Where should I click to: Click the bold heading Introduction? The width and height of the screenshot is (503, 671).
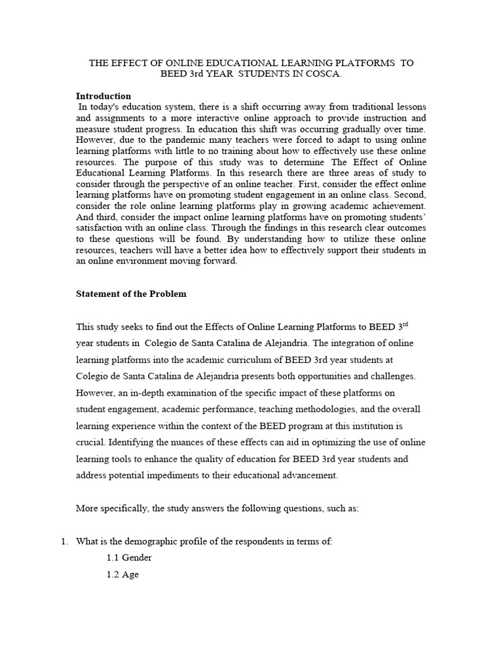tap(103, 96)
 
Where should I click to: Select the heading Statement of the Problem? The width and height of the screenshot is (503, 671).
tap(131, 294)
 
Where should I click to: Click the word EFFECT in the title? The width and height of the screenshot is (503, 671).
tap(128, 62)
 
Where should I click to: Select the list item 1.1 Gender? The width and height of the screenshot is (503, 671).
tap(129, 558)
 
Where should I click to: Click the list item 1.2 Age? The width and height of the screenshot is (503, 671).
tap(123, 575)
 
